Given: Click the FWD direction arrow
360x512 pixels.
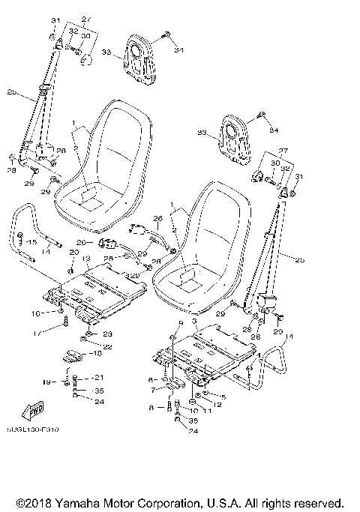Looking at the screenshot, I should pyautogui.click(x=34, y=409).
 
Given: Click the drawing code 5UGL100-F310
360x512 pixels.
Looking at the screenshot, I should pyautogui.click(x=34, y=430).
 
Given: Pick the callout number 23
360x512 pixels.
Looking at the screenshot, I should pyautogui.click(x=107, y=334).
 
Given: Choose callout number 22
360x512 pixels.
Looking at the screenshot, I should pyautogui.click(x=107, y=346).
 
